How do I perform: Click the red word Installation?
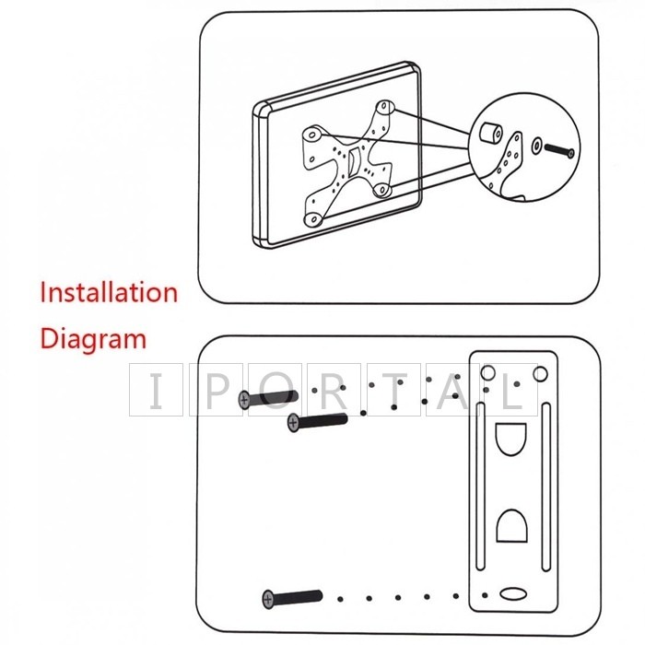point(108,294)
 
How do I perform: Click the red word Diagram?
point(92,338)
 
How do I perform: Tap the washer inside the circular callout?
point(536,147)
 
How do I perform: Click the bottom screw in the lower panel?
point(291,597)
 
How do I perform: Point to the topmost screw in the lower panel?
point(267,398)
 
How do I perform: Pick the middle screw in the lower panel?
point(317,422)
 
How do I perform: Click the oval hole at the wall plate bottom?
point(511,592)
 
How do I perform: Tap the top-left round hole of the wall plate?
point(489,372)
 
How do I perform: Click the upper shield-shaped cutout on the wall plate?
point(512,440)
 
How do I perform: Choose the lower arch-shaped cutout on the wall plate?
point(512,526)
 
